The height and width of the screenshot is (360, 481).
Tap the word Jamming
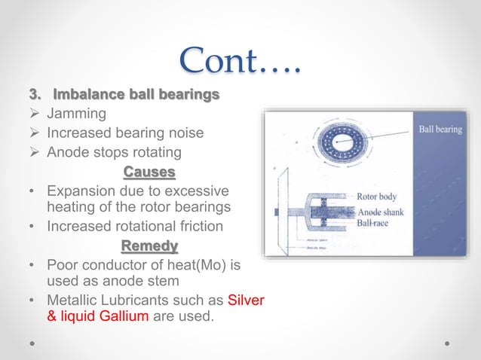76,115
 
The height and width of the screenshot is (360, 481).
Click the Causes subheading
149,172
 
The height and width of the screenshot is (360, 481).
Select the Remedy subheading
149,246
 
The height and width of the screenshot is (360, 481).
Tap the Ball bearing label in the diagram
440,130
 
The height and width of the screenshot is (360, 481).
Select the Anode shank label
381,212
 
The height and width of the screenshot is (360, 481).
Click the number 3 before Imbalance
32,96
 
